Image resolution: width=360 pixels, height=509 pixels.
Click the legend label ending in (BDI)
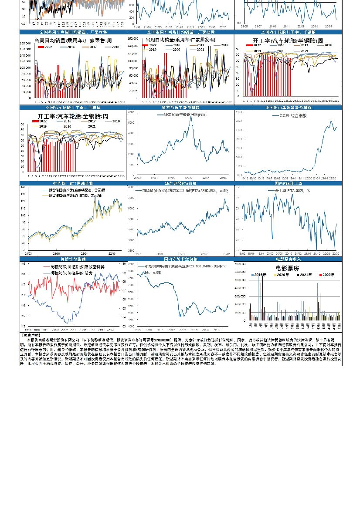point(183,115)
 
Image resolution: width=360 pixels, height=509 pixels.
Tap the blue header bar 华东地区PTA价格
point(180,184)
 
